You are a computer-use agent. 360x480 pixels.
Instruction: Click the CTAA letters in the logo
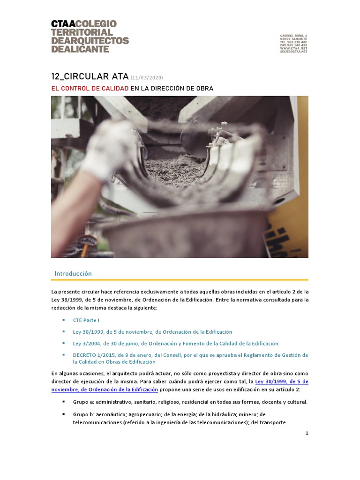[63, 24]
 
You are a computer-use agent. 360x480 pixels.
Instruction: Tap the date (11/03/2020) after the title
[147, 78]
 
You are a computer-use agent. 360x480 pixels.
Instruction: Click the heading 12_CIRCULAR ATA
[90, 77]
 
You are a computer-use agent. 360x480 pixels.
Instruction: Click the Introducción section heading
[73, 273]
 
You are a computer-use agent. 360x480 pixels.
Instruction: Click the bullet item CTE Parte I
[86, 320]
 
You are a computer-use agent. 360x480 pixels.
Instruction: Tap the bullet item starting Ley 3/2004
[175, 344]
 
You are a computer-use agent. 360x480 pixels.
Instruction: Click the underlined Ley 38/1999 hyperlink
[281, 382]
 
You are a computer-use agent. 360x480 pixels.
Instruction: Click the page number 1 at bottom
[307, 434]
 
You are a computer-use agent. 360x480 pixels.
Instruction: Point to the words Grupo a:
[83, 402]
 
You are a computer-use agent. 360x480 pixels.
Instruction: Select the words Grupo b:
[83, 414]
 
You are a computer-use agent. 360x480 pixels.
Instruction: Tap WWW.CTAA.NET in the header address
[293, 48]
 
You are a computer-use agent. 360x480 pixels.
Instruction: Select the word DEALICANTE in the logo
[80, 49]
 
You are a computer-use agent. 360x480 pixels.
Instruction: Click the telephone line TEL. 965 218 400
[293, 42]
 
